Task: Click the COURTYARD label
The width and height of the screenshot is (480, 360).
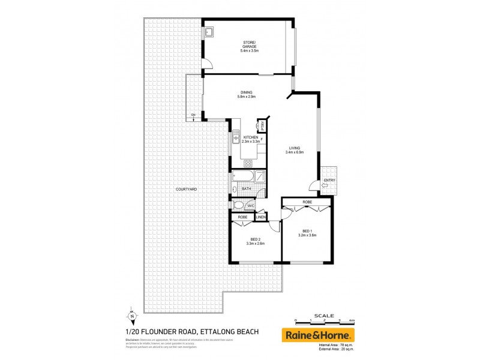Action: [186, 189]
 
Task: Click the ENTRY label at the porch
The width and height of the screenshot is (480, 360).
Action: [329, 180]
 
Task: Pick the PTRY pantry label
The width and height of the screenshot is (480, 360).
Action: [262, 127]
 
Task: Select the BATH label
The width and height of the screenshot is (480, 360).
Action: [246, 189]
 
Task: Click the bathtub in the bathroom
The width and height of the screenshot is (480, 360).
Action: [242, 176]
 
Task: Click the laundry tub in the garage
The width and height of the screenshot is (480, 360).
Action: [210, 32]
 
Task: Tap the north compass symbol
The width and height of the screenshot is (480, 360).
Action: [131, 316]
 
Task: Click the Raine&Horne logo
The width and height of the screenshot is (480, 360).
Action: [318, 335]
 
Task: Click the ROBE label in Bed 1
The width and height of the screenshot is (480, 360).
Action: [307, 202]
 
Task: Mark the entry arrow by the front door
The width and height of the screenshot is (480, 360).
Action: [324, 186]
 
